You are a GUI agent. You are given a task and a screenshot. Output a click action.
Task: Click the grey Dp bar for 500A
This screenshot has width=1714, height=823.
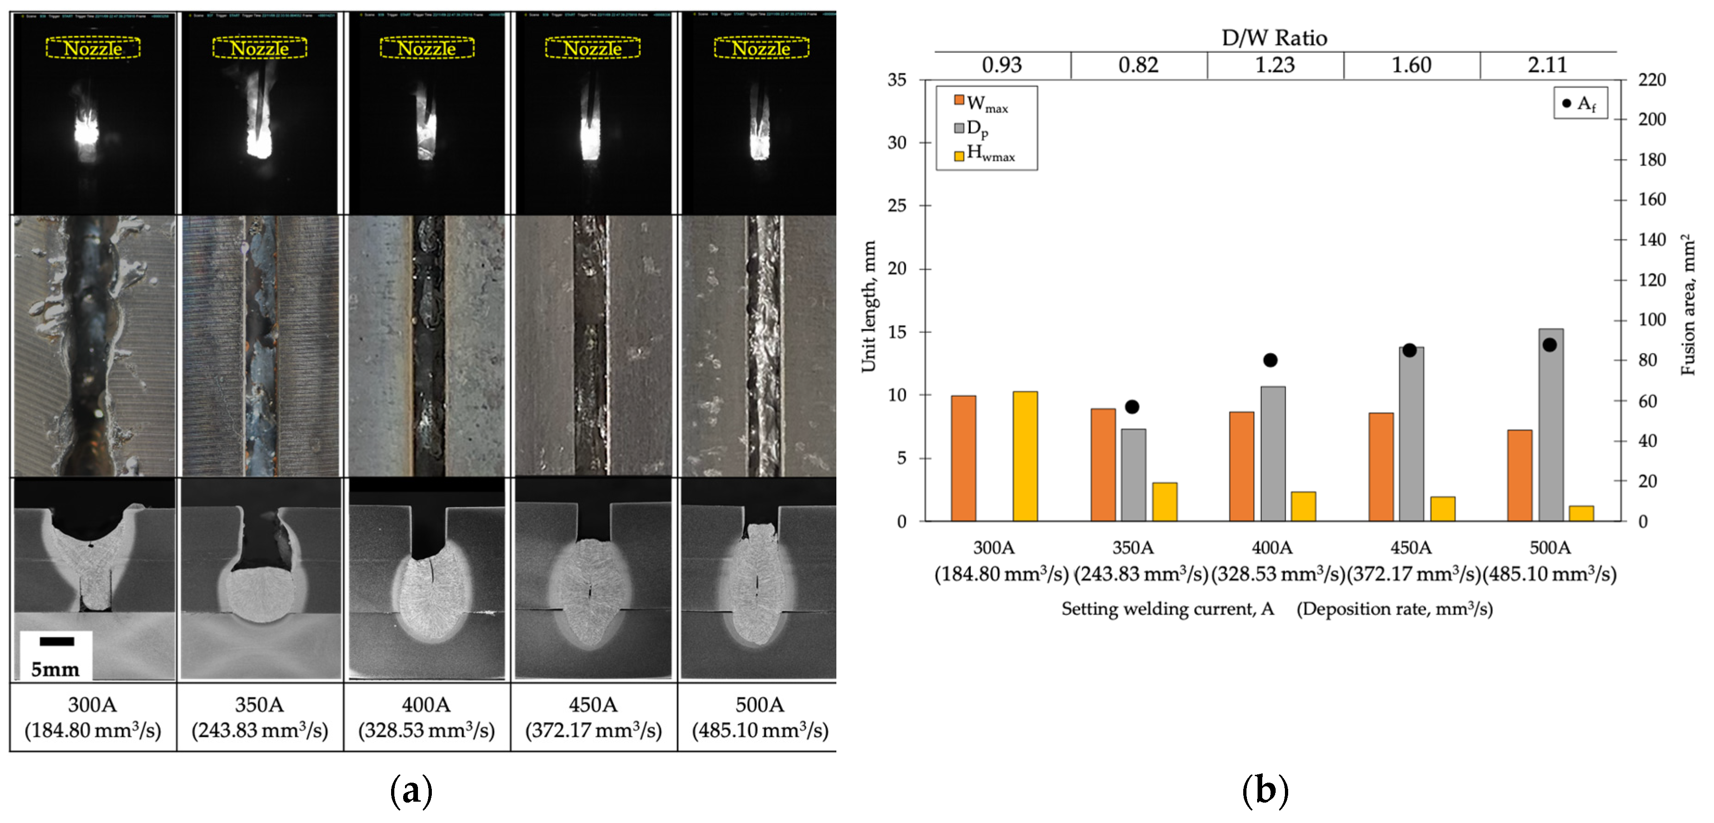(1550, 426)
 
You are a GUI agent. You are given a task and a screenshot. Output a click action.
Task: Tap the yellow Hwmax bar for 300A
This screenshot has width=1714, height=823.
(1025, 456)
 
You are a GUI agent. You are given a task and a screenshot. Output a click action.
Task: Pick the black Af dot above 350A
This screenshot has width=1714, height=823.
(1132, 407)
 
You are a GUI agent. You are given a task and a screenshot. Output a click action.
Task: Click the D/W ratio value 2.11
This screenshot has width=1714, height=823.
(1547, 65)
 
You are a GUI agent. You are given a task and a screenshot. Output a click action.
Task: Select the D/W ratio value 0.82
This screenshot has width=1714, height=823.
(1138, 65)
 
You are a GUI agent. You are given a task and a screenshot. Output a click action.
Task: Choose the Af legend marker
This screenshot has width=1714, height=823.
(1566, 103)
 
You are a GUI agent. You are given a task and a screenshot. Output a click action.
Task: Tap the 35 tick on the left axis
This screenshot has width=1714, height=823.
(897, 80)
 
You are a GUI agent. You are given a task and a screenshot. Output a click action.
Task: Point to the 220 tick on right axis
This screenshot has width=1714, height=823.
(1651, 80)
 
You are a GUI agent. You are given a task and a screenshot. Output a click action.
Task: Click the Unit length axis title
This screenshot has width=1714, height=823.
(868, 306)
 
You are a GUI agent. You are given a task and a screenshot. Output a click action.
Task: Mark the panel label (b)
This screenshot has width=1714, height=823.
(1265, 791)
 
